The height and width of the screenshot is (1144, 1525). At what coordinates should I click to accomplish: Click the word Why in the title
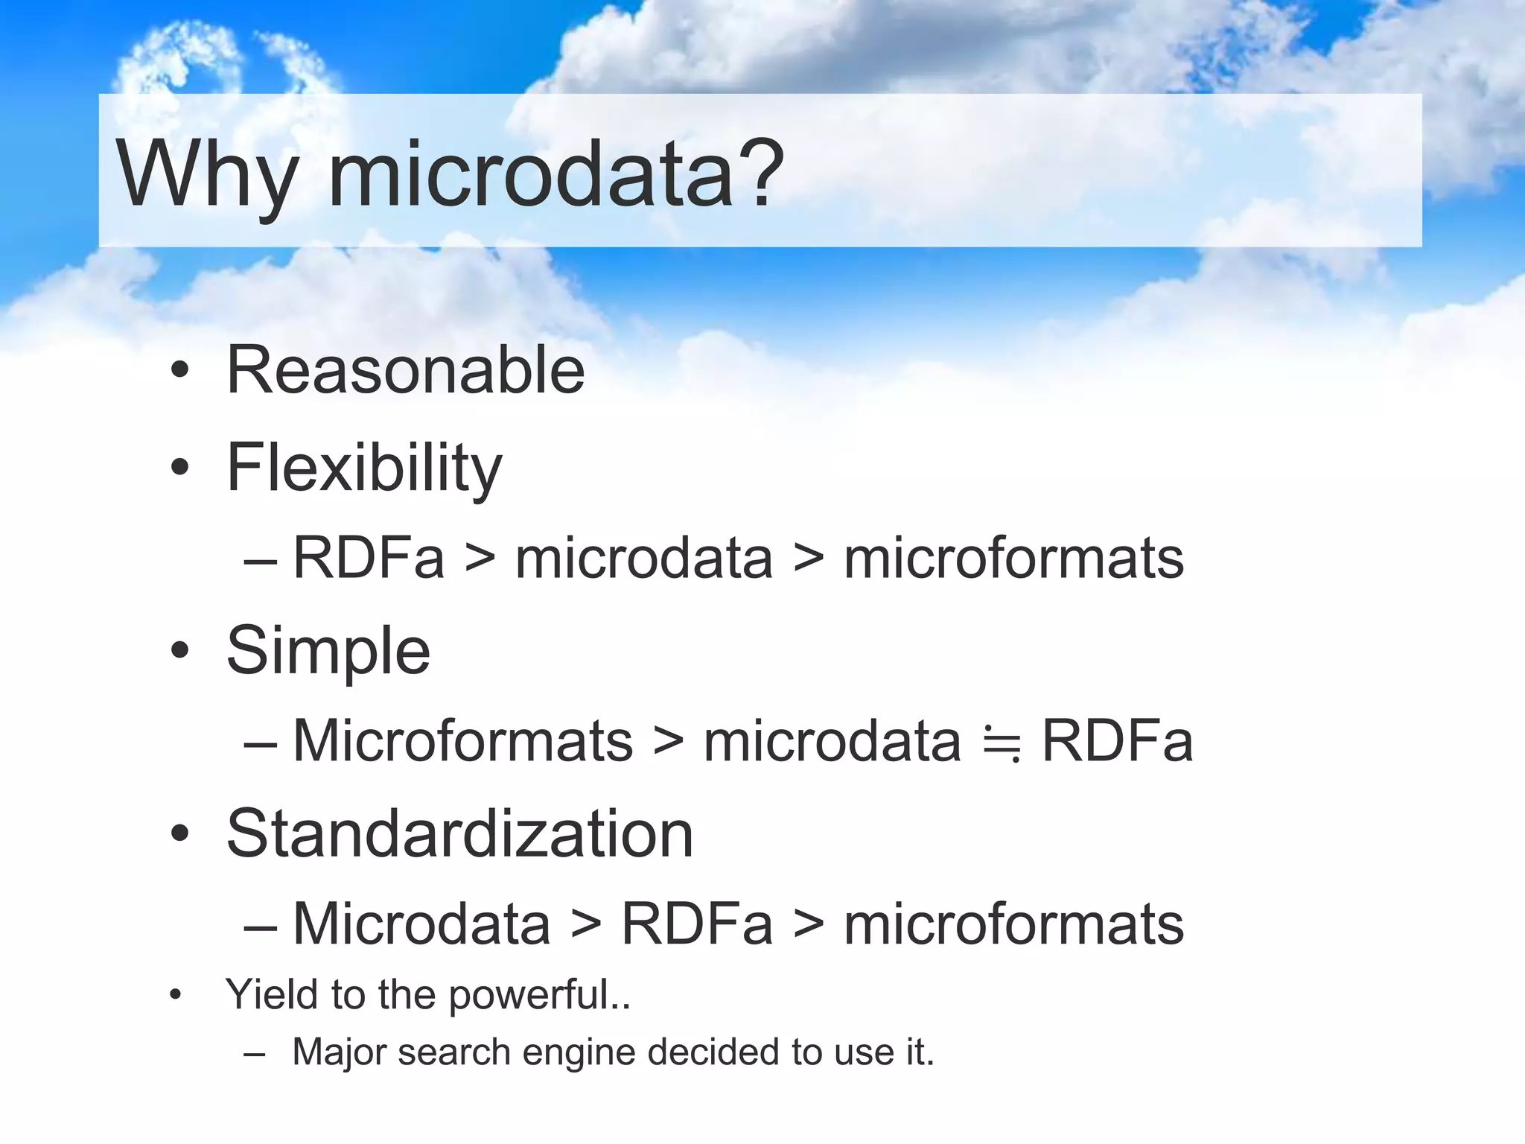207,176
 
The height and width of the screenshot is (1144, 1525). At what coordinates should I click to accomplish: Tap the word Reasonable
406,370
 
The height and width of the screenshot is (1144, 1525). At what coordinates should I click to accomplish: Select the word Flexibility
364,468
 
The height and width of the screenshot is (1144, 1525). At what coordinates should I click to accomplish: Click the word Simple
328,651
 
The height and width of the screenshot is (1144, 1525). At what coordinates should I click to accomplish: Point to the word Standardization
459,833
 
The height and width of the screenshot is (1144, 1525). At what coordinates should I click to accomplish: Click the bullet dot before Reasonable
179,370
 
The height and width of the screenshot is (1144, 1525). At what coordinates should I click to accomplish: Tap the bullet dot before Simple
179,650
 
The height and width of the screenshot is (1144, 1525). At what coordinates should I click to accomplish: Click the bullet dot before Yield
176,994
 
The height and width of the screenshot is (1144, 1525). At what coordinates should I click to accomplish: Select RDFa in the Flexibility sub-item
369,558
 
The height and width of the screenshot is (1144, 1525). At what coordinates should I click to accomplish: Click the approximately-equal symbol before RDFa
1002,743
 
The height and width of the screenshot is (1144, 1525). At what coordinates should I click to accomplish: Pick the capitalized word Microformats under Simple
462,741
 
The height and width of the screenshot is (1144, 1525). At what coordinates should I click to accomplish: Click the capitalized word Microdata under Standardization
421,924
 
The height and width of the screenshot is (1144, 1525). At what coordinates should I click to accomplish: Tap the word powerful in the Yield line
530,995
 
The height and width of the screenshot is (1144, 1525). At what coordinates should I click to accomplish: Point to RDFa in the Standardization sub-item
697,924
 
